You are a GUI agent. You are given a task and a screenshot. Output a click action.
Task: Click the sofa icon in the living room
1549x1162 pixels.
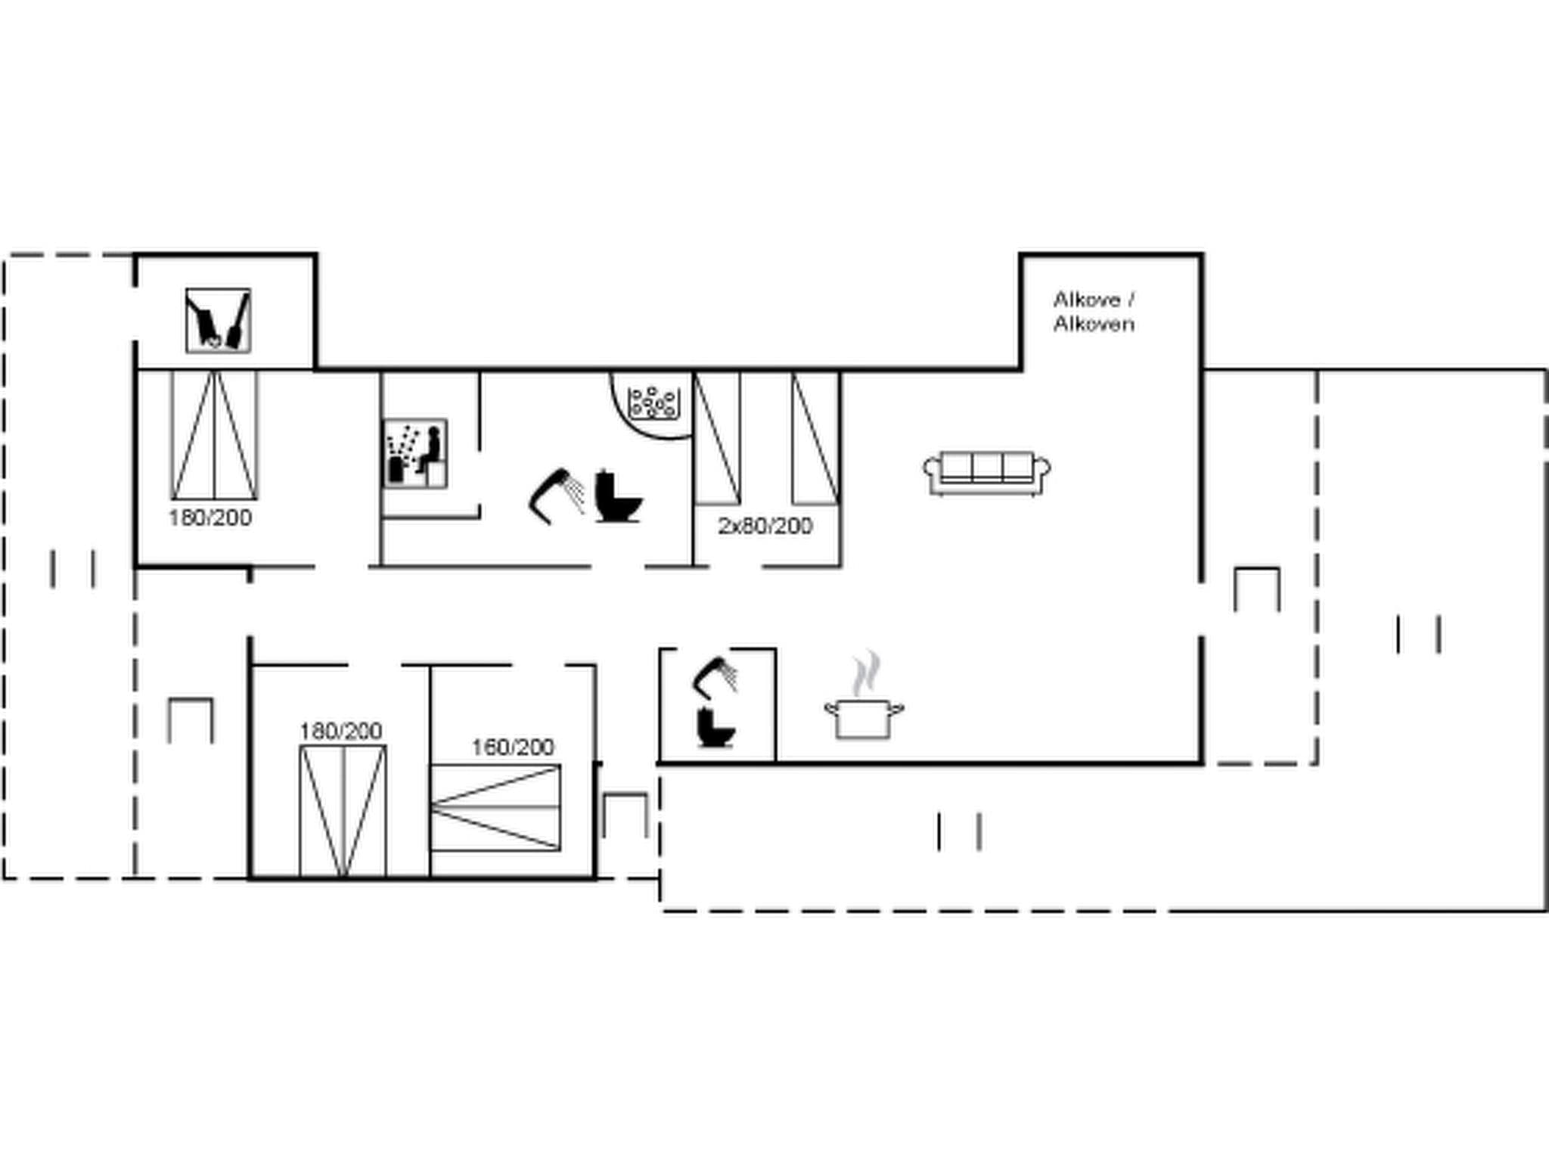click(986, 473)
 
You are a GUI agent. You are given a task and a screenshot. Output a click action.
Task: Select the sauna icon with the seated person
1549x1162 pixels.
click(415, 454)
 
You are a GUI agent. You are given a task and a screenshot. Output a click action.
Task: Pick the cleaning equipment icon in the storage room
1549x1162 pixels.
click(218, 321)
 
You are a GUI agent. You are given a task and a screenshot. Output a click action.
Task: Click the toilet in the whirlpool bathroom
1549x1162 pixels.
click(616, 497)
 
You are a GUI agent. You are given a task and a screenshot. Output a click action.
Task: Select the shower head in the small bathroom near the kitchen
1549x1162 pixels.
click(716, 676)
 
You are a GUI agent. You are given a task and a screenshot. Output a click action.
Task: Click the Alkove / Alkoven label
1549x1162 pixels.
click(1094, 312)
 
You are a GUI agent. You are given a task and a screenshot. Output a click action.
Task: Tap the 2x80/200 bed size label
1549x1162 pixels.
click(765, 526)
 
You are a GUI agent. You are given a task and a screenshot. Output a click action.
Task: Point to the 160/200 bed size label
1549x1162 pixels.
click(513, 747)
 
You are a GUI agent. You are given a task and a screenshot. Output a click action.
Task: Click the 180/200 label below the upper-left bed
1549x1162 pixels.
click(210, 518)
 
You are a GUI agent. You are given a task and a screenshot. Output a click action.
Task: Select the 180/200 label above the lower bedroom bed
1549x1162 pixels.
click(340, 732)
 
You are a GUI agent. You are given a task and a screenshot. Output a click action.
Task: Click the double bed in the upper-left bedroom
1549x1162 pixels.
click(215, 435)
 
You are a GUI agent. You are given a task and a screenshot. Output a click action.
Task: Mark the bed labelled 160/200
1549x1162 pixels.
click(495, 808)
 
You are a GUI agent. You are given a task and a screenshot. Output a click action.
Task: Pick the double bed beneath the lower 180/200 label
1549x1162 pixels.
click(343, 811)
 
